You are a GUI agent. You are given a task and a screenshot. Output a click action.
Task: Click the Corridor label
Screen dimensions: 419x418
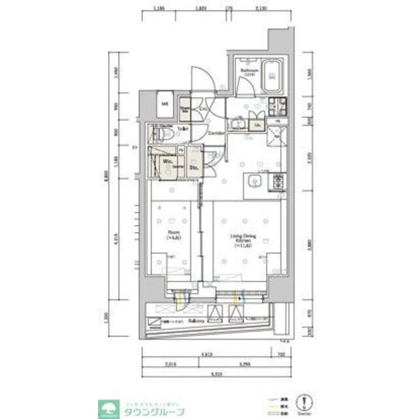tap(217, 134)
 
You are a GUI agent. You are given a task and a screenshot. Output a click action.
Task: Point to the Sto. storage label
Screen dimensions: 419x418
tap(194, 168)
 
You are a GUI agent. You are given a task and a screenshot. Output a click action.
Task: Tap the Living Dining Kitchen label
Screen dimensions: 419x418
tap(242, 238)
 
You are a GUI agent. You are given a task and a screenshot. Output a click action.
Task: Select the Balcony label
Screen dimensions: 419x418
tap(198, 321)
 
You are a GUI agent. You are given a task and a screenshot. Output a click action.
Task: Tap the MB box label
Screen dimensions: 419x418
tap(166, 103)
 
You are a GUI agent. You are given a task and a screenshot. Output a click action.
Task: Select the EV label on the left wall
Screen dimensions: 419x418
tap(135, 147)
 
